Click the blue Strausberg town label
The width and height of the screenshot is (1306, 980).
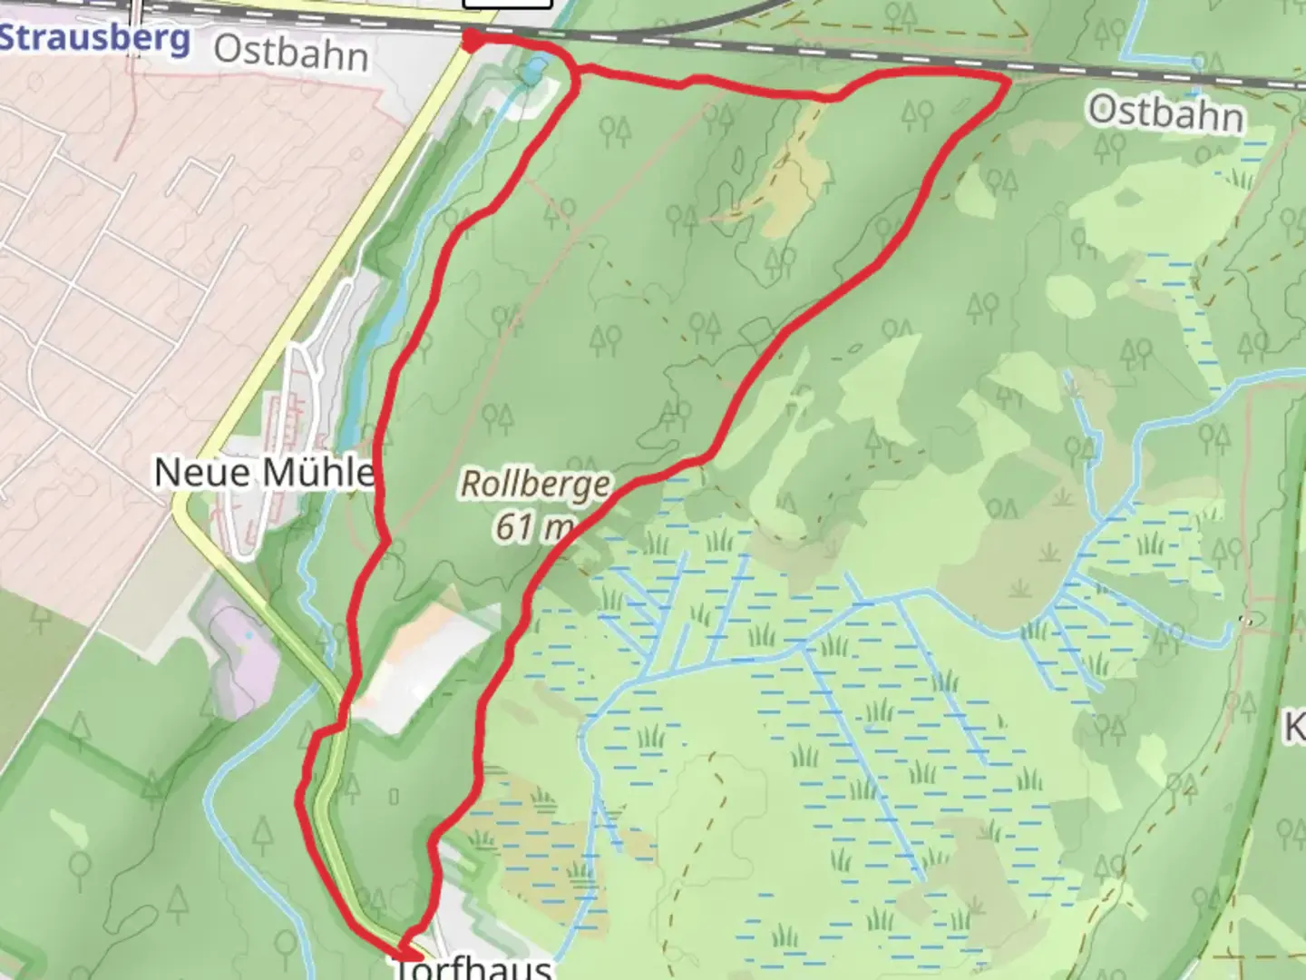(94, 38)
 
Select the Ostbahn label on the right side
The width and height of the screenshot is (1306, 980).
(1165, 113)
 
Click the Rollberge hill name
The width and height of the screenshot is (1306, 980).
(535, 483)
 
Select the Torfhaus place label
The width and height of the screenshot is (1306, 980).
(473, 967)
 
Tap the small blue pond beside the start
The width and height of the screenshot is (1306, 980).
(534, 69)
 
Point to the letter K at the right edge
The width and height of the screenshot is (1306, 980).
(1295, 726)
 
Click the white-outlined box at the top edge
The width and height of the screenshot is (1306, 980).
(507, 4)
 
